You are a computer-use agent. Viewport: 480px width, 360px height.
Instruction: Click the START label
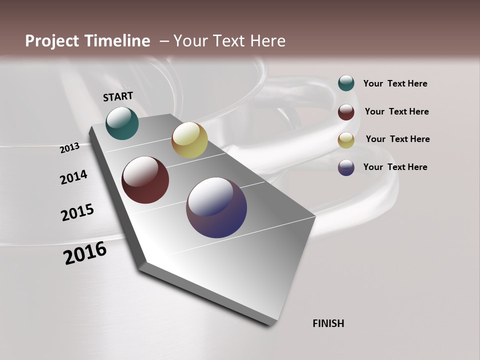118,96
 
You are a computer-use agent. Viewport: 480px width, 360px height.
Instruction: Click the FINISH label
328,323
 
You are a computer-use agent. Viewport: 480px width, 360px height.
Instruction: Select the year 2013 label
70,147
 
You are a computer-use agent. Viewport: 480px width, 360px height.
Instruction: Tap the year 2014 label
73,177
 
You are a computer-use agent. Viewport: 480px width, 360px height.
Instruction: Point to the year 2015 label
77,212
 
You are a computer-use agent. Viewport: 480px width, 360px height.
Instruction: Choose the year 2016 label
85,252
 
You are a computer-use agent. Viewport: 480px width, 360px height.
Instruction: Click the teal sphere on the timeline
122,123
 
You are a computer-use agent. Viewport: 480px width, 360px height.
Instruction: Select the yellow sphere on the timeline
189,140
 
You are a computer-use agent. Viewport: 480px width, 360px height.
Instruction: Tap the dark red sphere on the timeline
145,180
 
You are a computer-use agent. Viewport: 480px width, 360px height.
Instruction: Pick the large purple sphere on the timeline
216,207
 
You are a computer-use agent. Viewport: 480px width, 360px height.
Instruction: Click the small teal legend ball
346,83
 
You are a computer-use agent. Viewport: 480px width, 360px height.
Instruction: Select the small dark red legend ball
346,111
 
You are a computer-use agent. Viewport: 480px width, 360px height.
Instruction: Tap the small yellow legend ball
346,139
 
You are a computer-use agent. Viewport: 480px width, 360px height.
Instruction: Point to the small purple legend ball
346,167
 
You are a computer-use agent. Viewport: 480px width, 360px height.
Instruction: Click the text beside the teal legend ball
395,84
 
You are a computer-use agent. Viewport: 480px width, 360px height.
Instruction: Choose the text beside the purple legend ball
395,167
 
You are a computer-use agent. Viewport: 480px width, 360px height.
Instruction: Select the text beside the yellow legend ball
397,139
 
